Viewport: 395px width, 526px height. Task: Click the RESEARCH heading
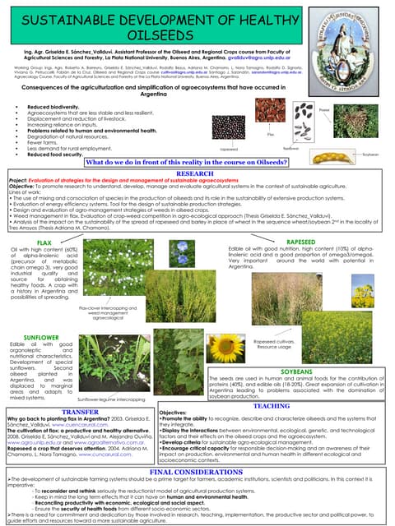tap(197, 175)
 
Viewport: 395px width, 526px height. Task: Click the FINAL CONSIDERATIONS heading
tap(197, 473)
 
